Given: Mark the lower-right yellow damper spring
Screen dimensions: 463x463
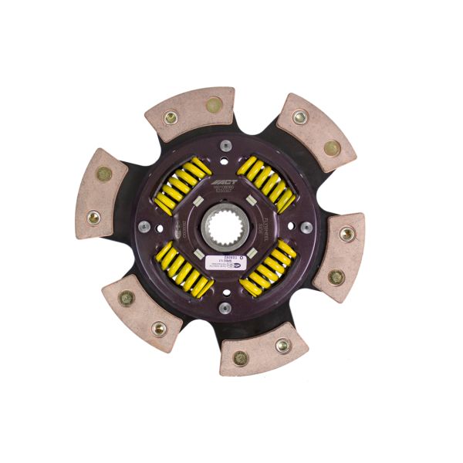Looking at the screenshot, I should [x=267, y=267].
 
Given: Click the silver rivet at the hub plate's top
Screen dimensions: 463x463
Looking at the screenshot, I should [x=225, y=144].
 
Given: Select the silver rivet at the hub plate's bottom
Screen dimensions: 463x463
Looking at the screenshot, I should [x=225, y=308].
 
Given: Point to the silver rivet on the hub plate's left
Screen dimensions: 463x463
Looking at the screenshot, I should [x=144, y=227].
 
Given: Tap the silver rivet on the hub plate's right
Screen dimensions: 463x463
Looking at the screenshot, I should [x=306, y=227].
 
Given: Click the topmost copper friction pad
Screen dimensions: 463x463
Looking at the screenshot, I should [x=191, y=113].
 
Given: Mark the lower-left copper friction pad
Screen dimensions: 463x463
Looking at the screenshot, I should [x=142, y=312].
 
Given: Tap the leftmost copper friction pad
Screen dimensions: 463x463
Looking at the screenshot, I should [x=101, y=193].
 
